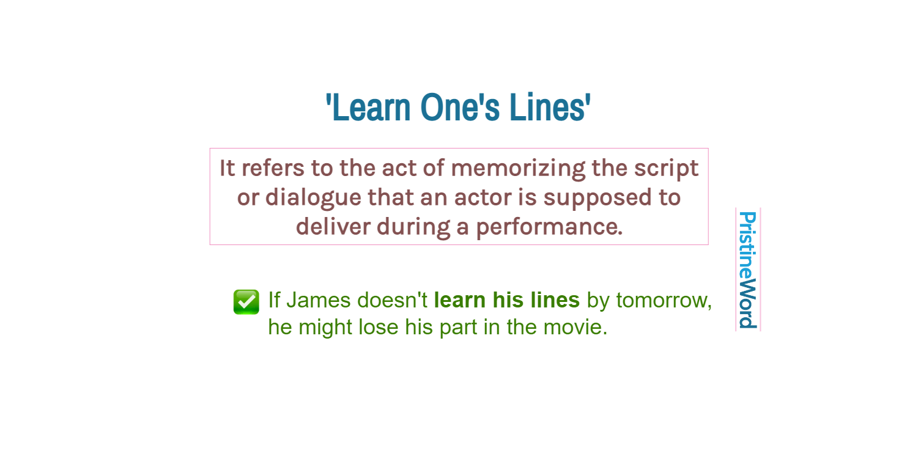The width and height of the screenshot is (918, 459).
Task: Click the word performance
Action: tap(549, 227)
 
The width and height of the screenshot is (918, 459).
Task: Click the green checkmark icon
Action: tap(246, 302)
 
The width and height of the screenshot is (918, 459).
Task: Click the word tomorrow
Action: tap(663, 301)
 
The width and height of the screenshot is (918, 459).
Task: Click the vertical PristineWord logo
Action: tap(747, 270)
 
